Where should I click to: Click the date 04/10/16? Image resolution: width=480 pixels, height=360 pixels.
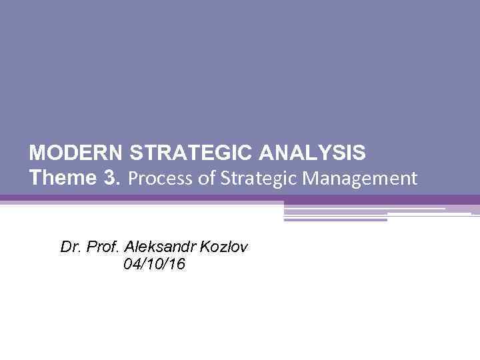tap(155, 265)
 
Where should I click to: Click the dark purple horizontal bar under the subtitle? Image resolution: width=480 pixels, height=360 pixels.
tap(240, 199)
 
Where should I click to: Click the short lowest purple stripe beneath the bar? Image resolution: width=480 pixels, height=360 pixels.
tap(335, 219)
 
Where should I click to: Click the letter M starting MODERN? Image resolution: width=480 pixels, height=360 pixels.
tap(37, 154)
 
